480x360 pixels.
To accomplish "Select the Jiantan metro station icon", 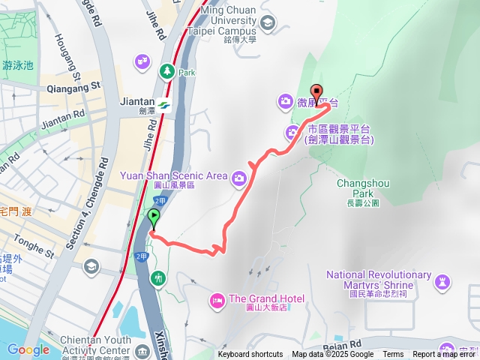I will (163, 106).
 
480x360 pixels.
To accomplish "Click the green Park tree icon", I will (166, 72).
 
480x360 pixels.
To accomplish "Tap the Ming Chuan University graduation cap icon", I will (267, 25).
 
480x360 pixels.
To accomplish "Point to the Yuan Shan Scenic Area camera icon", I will (238, 177).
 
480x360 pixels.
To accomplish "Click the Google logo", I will (28, 349).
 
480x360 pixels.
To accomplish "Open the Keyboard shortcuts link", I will (250, 355).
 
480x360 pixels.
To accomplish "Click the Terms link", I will (393, 355).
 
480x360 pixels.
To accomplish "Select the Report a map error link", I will (445, 355).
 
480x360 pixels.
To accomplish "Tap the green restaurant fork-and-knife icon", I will (157, 278).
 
